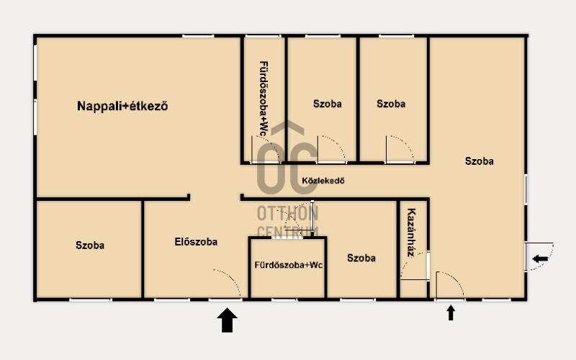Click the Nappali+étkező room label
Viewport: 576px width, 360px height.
tap(122, 106)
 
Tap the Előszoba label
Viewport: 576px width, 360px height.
tap(196, 242)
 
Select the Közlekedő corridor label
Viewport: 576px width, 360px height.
tap(323, 181)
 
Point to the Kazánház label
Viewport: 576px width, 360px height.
tap(411, 233)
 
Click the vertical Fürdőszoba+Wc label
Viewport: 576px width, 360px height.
tap(264, 99)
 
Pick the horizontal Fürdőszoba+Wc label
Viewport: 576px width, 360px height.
tap(289, 265)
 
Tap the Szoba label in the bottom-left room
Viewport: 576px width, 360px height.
tap(90, 245)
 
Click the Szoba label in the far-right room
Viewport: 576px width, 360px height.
tap(479, 161)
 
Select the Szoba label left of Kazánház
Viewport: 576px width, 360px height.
tap(361, 258)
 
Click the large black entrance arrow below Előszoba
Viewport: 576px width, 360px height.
tap(227, 320)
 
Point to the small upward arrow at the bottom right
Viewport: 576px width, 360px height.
tap(451, 312)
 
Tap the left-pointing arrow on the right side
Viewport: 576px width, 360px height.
tap(540, 258)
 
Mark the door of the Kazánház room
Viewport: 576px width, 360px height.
tap(415, 266)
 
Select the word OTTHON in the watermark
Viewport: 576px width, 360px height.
tap(287, 213)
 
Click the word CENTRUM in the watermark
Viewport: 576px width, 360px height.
tap(287, 232)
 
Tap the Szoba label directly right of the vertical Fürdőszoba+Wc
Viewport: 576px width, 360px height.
tap(328, 104)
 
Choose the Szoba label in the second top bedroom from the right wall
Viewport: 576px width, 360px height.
tap(391, 104)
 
